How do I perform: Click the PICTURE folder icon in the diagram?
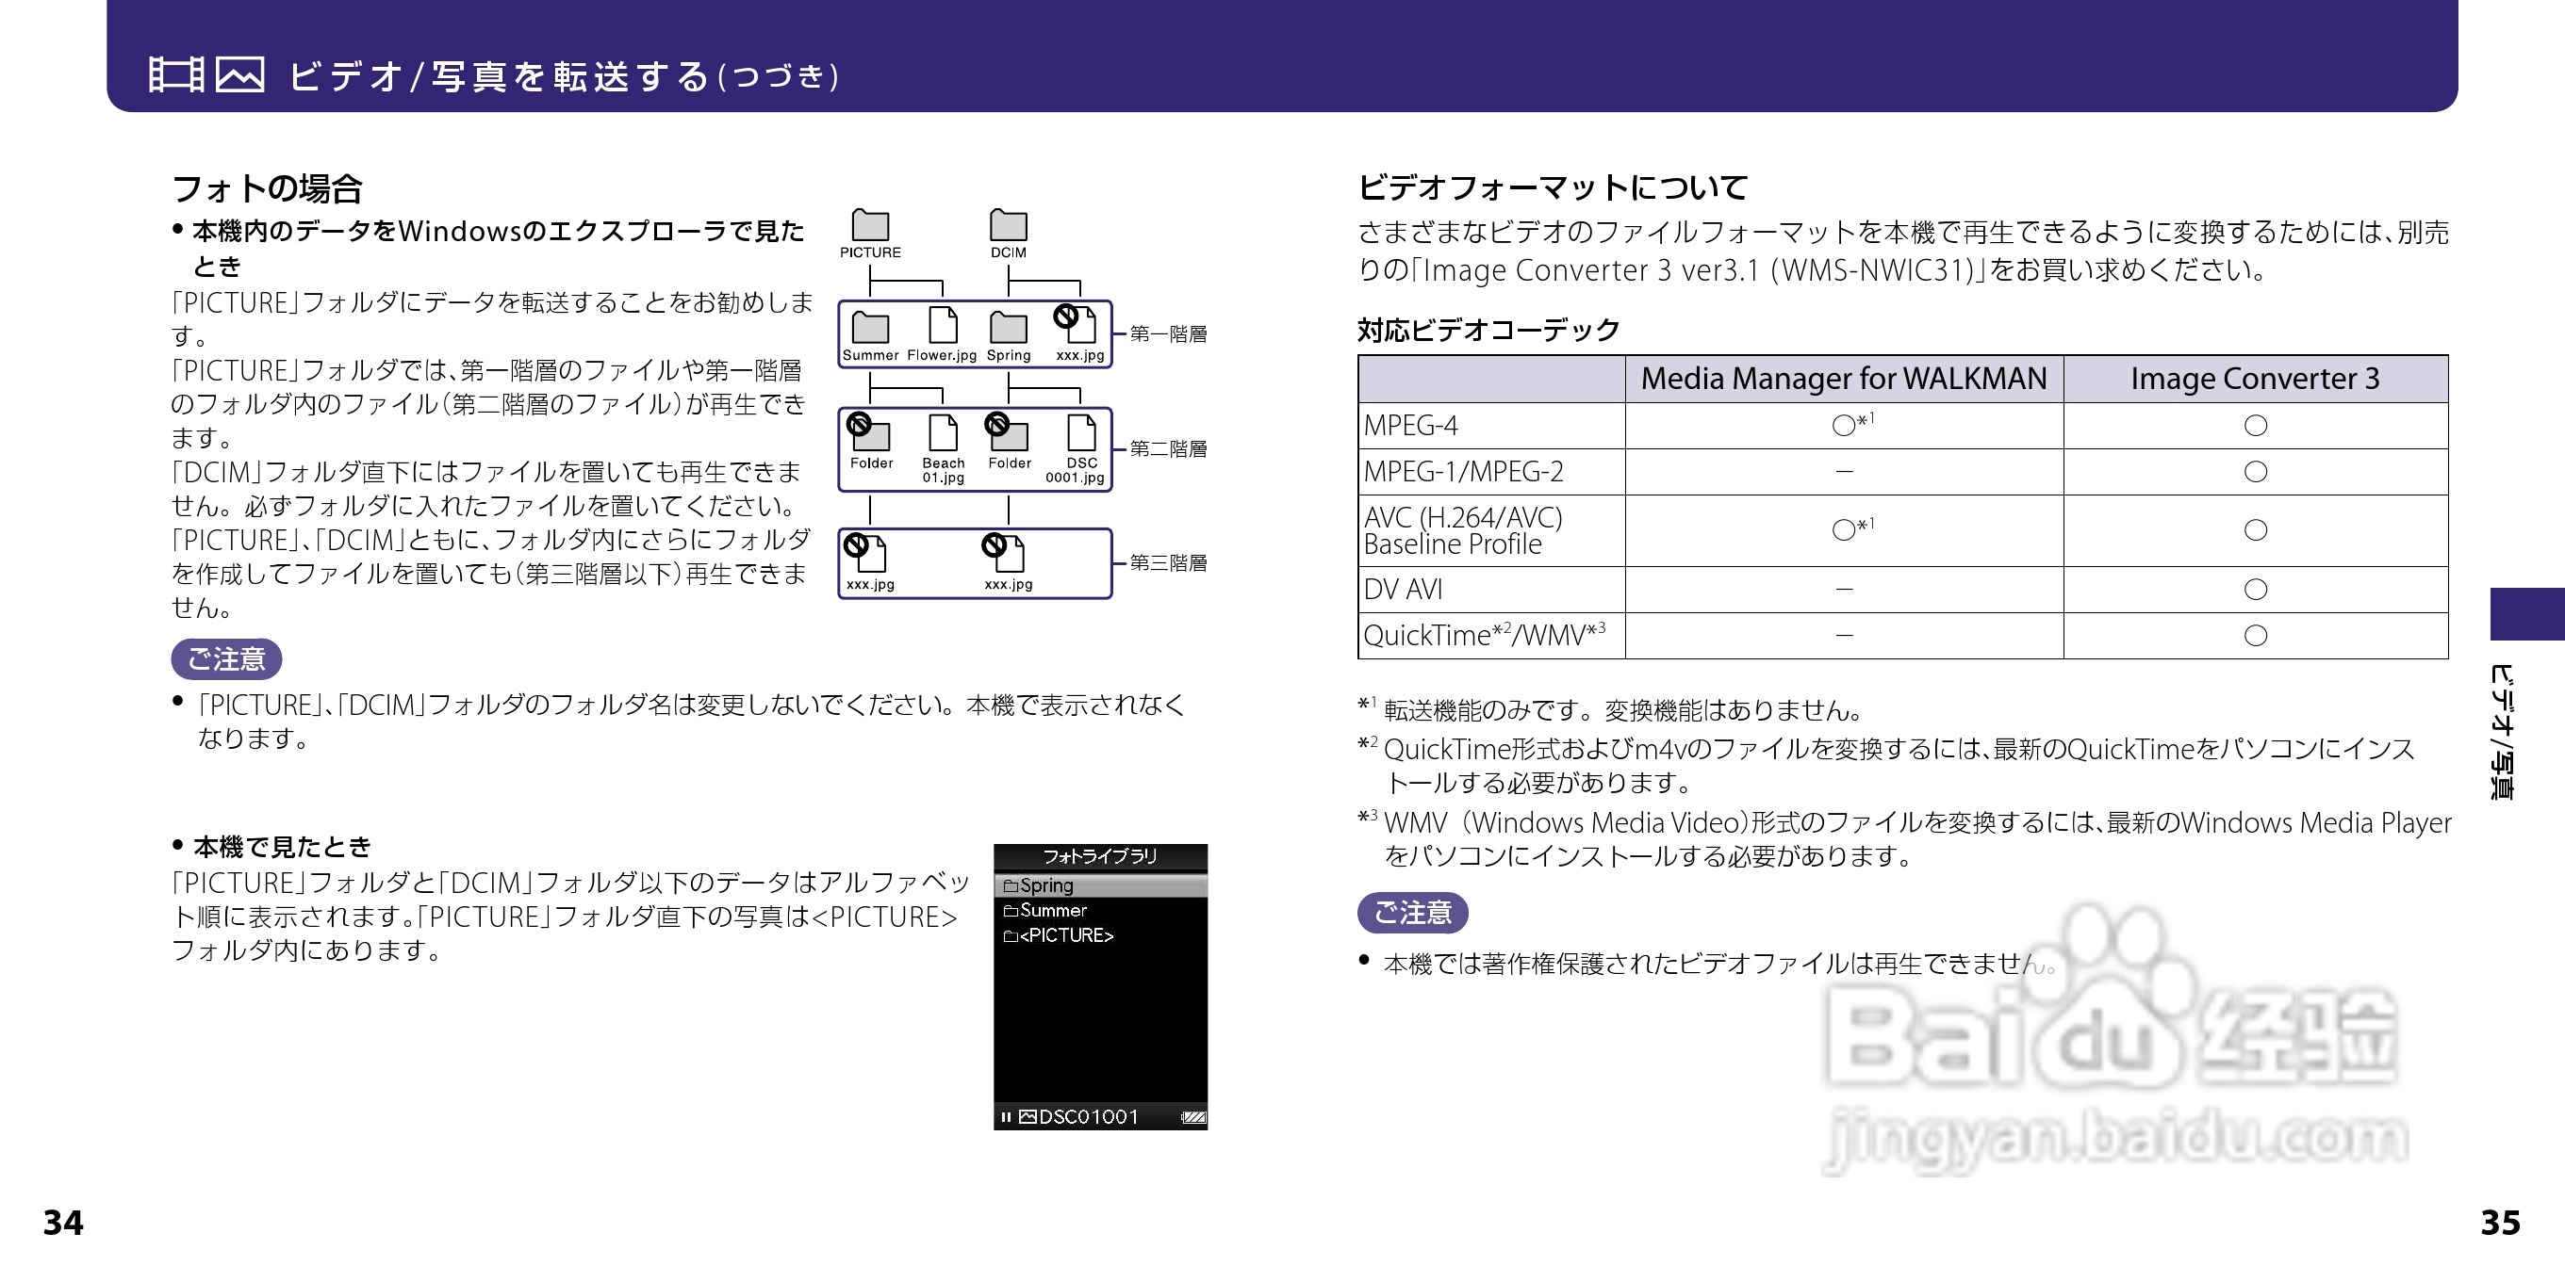[869, 225]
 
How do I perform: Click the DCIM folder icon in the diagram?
[1008, 225]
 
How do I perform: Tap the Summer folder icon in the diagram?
[870, 327]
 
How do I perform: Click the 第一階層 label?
[1168, 333]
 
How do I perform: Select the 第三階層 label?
[1168, 562]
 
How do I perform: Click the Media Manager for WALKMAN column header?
[1843, 379]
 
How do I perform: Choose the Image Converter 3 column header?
[2254, 379]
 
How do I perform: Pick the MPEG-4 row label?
[1410, 425]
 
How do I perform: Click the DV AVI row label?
[1402, 590]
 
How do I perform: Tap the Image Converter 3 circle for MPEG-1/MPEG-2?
[2255, 472]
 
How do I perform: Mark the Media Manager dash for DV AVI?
[1843, 590]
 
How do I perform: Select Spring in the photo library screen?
[1045, 884]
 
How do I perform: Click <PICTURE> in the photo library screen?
[1065, 935]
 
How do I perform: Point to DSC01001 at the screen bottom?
[1087, 1117]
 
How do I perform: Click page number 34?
[63, 1223]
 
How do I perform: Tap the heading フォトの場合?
[267, 188]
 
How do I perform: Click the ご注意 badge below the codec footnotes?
[1412, 912]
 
